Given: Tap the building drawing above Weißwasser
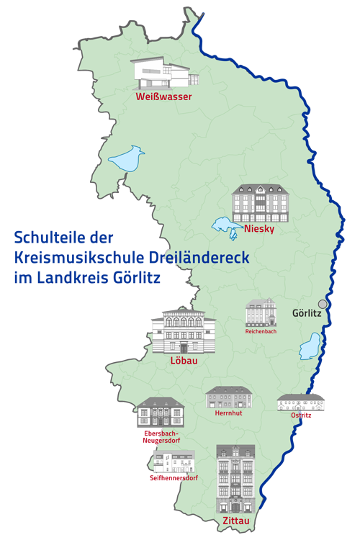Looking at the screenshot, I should pyautogui.click(x=161, y=73).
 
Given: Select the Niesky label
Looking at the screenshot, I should pyautogui.click(x=259, y=229).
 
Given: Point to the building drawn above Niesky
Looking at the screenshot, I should pyautogui.click(x=260, y=202).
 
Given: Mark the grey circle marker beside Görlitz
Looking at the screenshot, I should pyautogui.click(x=323, y=305).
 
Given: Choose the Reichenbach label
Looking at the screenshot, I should pyautogui.click(x=261, y=332).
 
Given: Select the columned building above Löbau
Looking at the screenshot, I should pyautogui.click(x=184, y=330).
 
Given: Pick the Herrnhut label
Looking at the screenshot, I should pyautogui.click(x=228, y=414).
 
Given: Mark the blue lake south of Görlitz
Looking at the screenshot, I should pyautogui.click(x=310, y=346).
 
